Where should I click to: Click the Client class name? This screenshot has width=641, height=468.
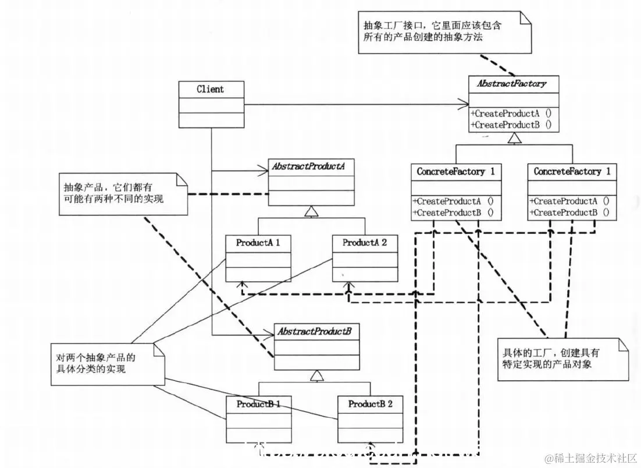210,89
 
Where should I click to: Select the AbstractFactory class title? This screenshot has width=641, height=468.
512,83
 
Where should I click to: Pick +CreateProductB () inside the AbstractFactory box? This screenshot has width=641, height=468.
512,125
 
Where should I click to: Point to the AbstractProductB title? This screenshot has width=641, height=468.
314,331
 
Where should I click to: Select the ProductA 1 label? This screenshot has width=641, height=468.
258,243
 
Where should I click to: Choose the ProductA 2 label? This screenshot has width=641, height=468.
365,243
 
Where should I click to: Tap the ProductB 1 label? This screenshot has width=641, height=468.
259,403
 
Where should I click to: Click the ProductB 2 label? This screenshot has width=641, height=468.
370,403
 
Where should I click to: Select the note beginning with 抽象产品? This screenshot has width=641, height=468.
122,193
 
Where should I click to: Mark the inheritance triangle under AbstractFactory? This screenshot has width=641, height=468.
514,138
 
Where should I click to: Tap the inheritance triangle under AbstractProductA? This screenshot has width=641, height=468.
312,211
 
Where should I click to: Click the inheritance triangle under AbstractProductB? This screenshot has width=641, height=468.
316,376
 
